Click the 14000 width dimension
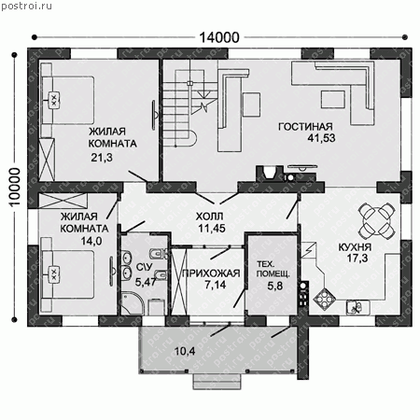pos(219,37)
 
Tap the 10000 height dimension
pos(15,187)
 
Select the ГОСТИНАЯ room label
pos(305,127)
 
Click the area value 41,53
pos(321,138)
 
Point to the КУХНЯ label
pos(355,247)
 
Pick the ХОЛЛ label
pos(209,217)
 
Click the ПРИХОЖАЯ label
pos(211,273)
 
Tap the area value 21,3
pos(102,158)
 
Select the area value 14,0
pos(91,241)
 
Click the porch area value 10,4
pos(185,352)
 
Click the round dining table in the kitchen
pos(377,220)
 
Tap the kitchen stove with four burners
pos(324,300)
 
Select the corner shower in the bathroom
pos(132,302)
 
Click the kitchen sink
pos(357,307)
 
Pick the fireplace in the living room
pos(269,174)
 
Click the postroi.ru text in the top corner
pos(26,7)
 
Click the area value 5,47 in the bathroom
pos(146,282)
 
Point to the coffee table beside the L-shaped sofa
pos(333,100)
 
